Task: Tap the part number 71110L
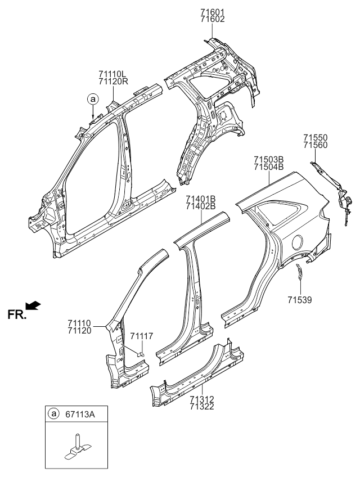tap(114, 74)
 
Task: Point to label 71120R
tap(114, 82)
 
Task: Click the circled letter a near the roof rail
tap(92, 99)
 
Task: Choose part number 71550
tap(316, 137)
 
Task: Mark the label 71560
tap(316, 145)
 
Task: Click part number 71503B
tap(268, 160)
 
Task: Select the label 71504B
tap(268, 168)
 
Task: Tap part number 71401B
tap(201, 199)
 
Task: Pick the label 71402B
tap(201, 206)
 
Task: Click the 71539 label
tap(299, 300)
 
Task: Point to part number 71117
tap(141, 336)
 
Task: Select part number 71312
tap(201, 399)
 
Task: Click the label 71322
tap(201, 406)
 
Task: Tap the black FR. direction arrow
tap(34, 305)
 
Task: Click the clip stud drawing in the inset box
tap(76, 444)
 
